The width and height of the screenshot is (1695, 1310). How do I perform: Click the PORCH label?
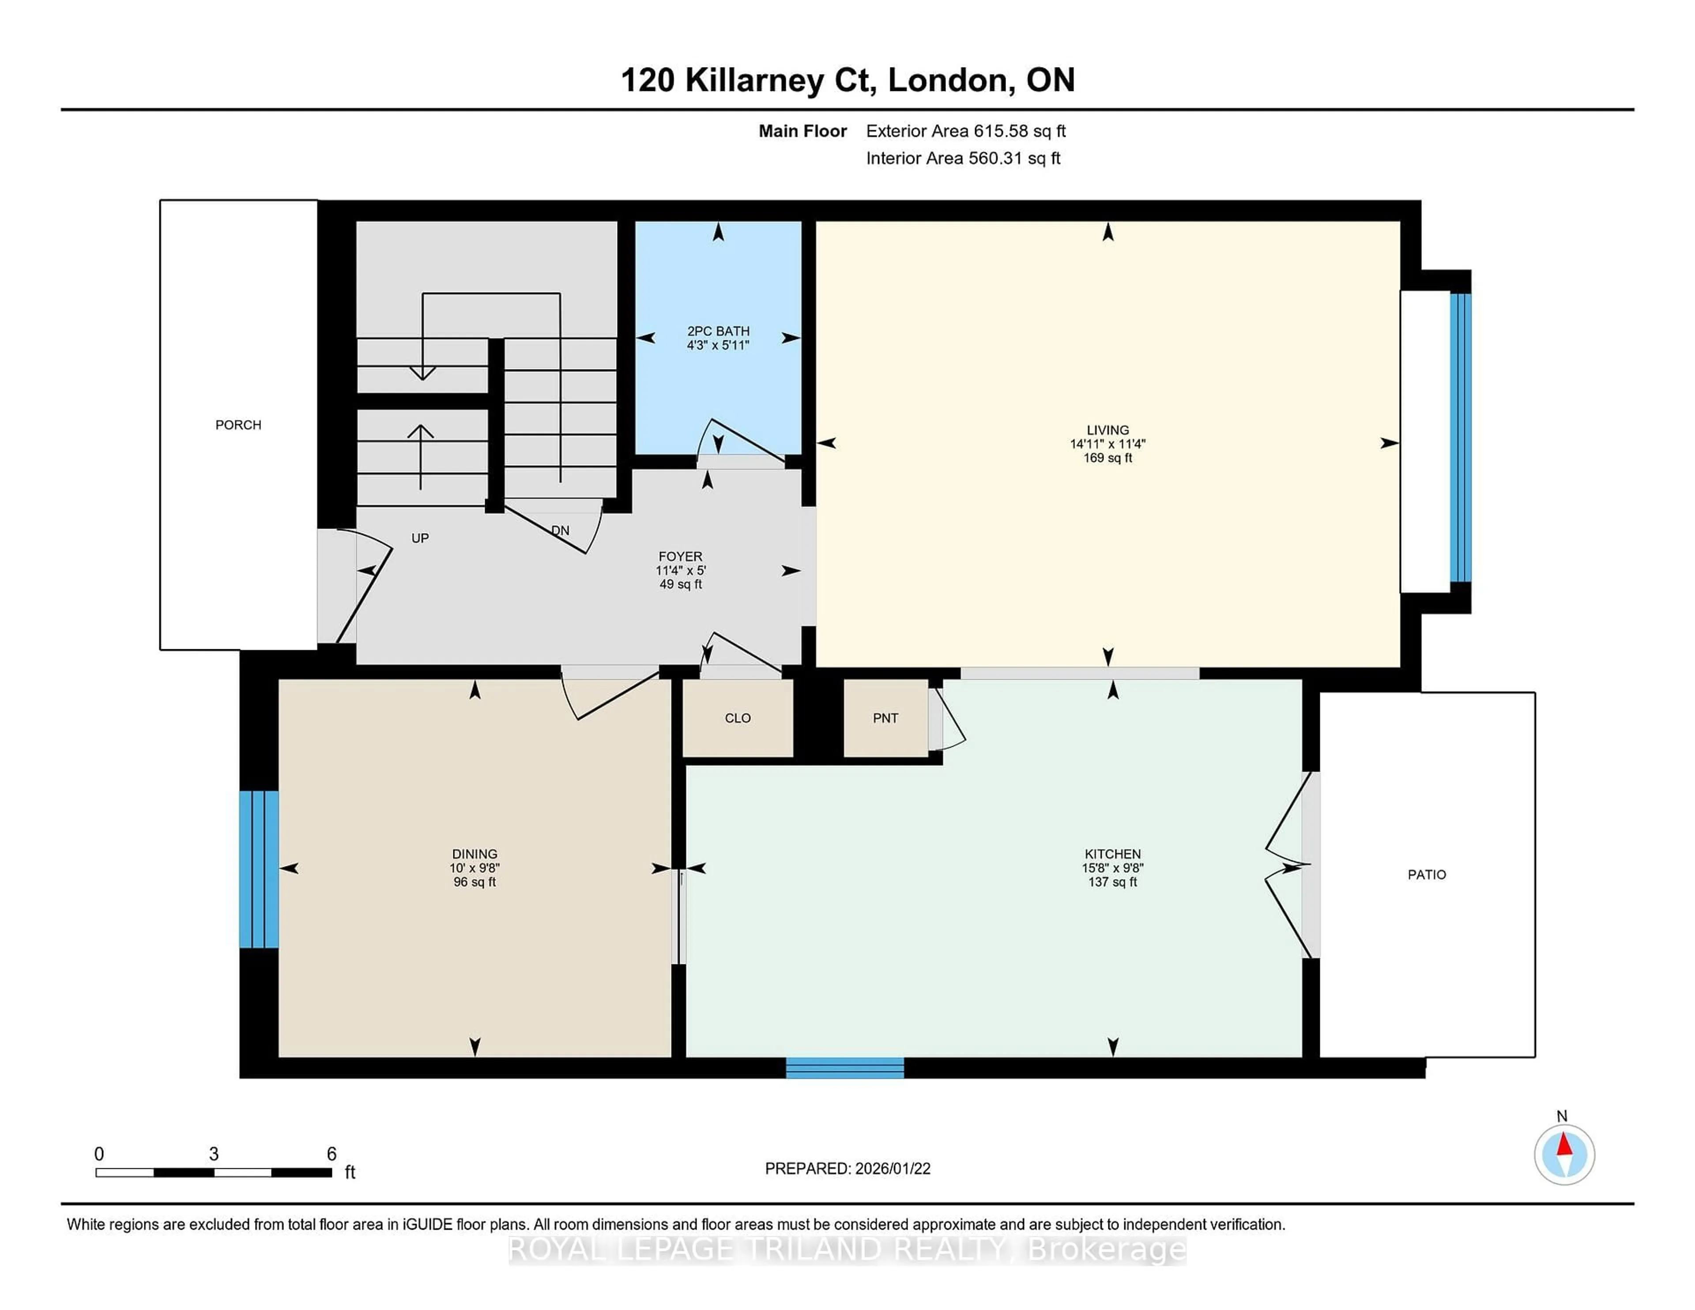point(238,425)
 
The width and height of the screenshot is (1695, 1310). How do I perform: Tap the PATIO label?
point(1427,875)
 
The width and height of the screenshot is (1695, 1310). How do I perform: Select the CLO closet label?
point(737,718)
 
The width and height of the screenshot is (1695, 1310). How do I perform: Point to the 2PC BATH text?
point(718,331)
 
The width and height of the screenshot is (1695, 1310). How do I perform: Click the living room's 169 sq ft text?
point(1107,458)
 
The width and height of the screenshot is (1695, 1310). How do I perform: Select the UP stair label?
point(420,538)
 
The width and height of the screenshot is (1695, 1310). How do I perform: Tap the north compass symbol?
point(1564,1155)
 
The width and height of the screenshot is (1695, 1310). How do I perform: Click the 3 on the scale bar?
point(214,1154)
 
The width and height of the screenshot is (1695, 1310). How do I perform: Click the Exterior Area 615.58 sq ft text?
point(965,131)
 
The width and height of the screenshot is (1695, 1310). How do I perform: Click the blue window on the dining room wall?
point(258,869)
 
